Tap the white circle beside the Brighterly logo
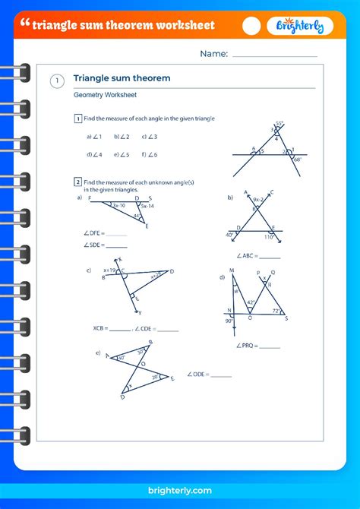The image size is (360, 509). click(251, 26)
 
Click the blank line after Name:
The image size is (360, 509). click(274, 55)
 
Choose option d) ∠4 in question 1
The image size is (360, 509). click(94, 154)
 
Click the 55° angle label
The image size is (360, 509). click(279, 123)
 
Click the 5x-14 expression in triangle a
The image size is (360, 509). click(147, 206)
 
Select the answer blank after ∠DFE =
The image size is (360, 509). click(116, 233)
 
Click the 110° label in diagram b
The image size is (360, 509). click(268, 238)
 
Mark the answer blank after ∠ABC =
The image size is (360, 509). click(270, 257)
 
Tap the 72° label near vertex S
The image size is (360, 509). click(275, 311)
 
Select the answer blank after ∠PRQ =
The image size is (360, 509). click(270, 346)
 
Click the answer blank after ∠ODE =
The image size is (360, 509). click(221, 375)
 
